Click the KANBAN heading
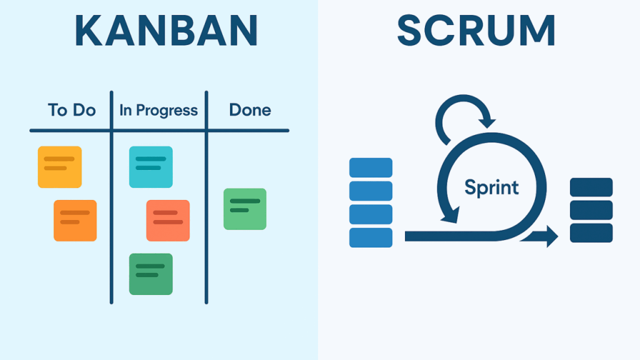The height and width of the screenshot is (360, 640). pyautogui.click(x=166, y=29)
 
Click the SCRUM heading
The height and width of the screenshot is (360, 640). pyautogui.click(x=476, y=29)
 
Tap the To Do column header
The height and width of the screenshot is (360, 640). pyautogui.click(x=72, y=111)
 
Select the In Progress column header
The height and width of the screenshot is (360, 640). pyautogui.click(x=159, y=111)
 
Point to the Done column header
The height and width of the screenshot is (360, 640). pyautogui.click(x=250, y=111)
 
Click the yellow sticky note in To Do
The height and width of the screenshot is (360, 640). pyautogui.click(x=59, y=166)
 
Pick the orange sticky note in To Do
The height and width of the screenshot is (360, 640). pyautogui.click(x=75, y=220)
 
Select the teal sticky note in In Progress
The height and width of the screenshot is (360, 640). pyautogui.click(x=151, y=166)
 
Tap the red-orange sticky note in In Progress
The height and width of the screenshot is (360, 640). pyautogui.click(x=167, y=220)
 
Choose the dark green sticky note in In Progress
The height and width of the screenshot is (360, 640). pyautogui.click(x=151, y=274)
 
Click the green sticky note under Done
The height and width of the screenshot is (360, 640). pyautogui.click(x=245, y=209)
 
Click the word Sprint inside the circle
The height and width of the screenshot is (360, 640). pyautogui.click(x=492, y=187)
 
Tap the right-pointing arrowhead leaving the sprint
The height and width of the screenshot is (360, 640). pyautogui.click(x=551, y=236)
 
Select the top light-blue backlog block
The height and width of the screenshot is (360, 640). pyautogui.click(x=371, y=167)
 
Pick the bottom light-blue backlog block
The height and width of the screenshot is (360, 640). pyautogui.click(x=371, y=237)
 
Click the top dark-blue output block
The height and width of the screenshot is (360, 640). pyautogui.click(x=591, y=187)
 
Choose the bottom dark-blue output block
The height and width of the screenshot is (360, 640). pyautogui.click(x=591, y=232)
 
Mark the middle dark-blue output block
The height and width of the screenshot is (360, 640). pyautogui.click(x=591, y=210)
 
